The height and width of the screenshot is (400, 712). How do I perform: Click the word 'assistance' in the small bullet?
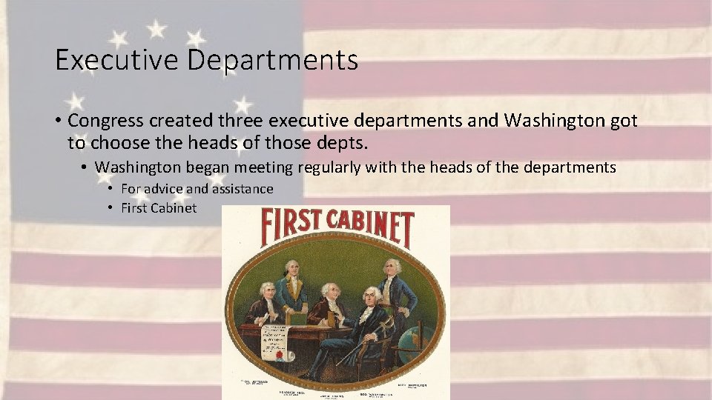tap(242, 189)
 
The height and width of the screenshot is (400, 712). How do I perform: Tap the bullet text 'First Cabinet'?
tap(159, 208)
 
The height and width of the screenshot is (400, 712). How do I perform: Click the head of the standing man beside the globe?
tap(390, 267)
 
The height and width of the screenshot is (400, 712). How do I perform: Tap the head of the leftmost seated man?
tap(266, 290)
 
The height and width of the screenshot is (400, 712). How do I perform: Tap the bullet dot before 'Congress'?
tap(57, 121)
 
